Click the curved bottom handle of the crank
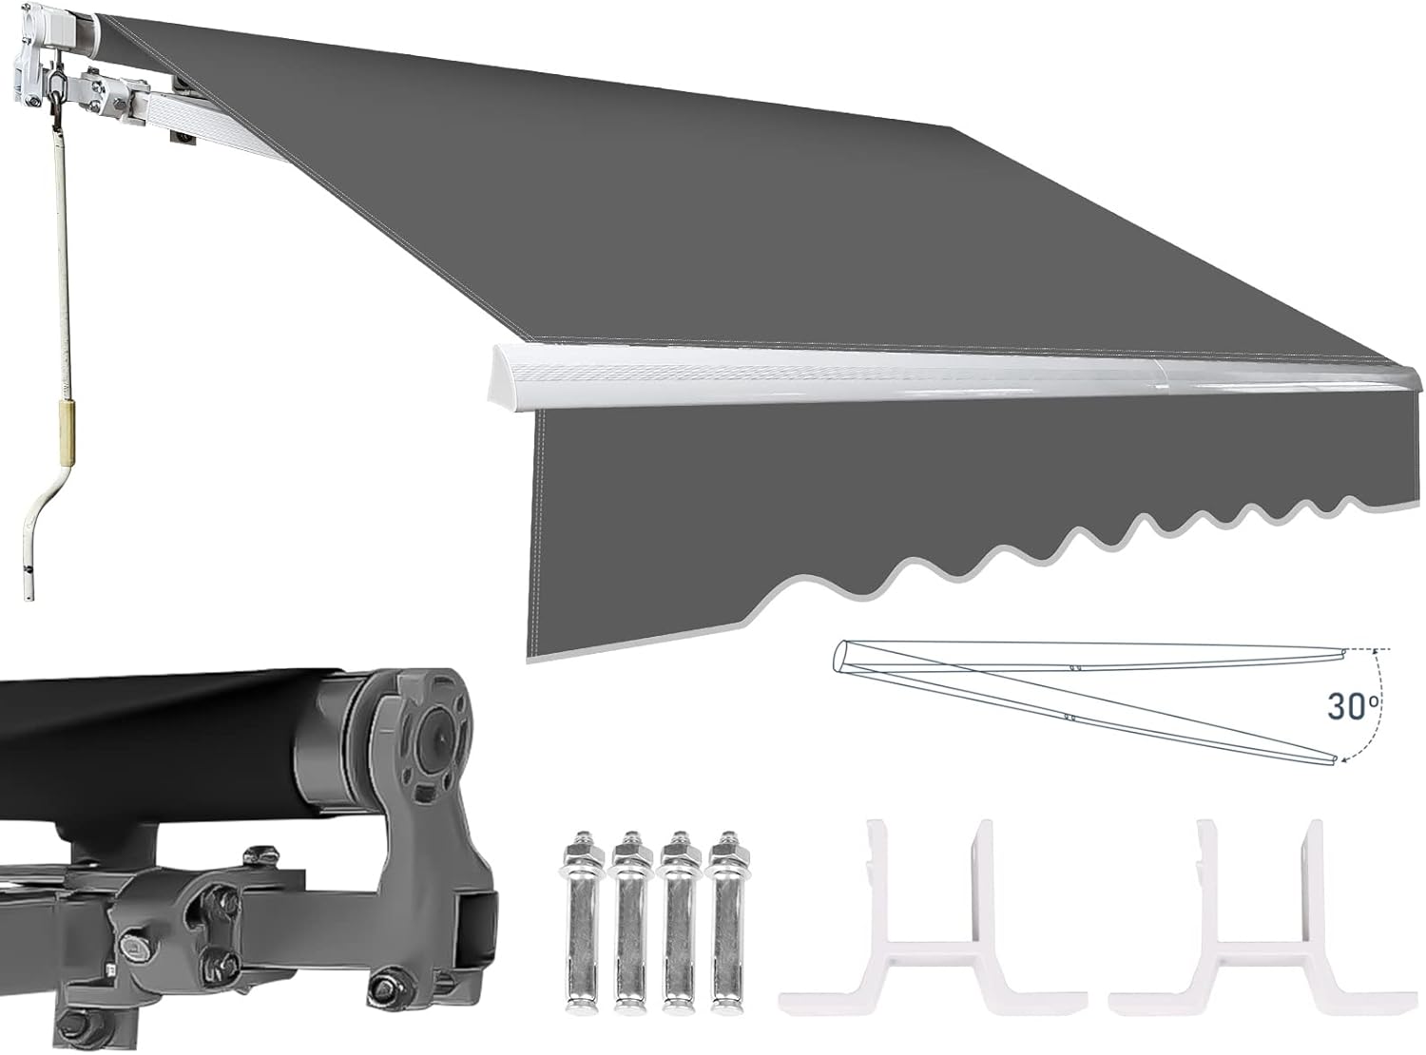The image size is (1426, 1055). [x=39, y=533]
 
